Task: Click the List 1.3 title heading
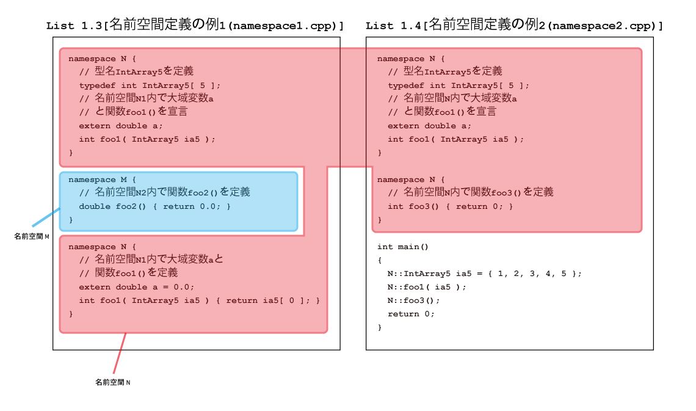click(x=195, y=25)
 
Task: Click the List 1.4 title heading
click(x=514, y=25)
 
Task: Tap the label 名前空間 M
click(x=32, y=236)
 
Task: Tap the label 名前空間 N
click(x=113, y=382)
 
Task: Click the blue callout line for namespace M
click(x=46, y=217)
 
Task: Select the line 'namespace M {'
click(x=102, y=180)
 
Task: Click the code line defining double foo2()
click(x=155, y=206)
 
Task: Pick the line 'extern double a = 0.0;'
click(x=137, y=287)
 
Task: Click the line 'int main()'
click(x=402, y=247)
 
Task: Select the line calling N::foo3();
click(x=413, y=300)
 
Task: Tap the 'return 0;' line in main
click(x=411, y=314)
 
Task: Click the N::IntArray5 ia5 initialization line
click(x=484, y=274)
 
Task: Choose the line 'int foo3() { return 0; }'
click(x=450, y=206)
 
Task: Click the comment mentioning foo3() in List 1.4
click(x=471, y=192)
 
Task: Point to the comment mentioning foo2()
click(x=165, y=192)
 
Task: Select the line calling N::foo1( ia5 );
click(x=427, y=287)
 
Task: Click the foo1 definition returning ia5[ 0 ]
click(x=199, y=300)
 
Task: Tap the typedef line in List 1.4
click(x=459, y=85)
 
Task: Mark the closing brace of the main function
click(x=380, y=327)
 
